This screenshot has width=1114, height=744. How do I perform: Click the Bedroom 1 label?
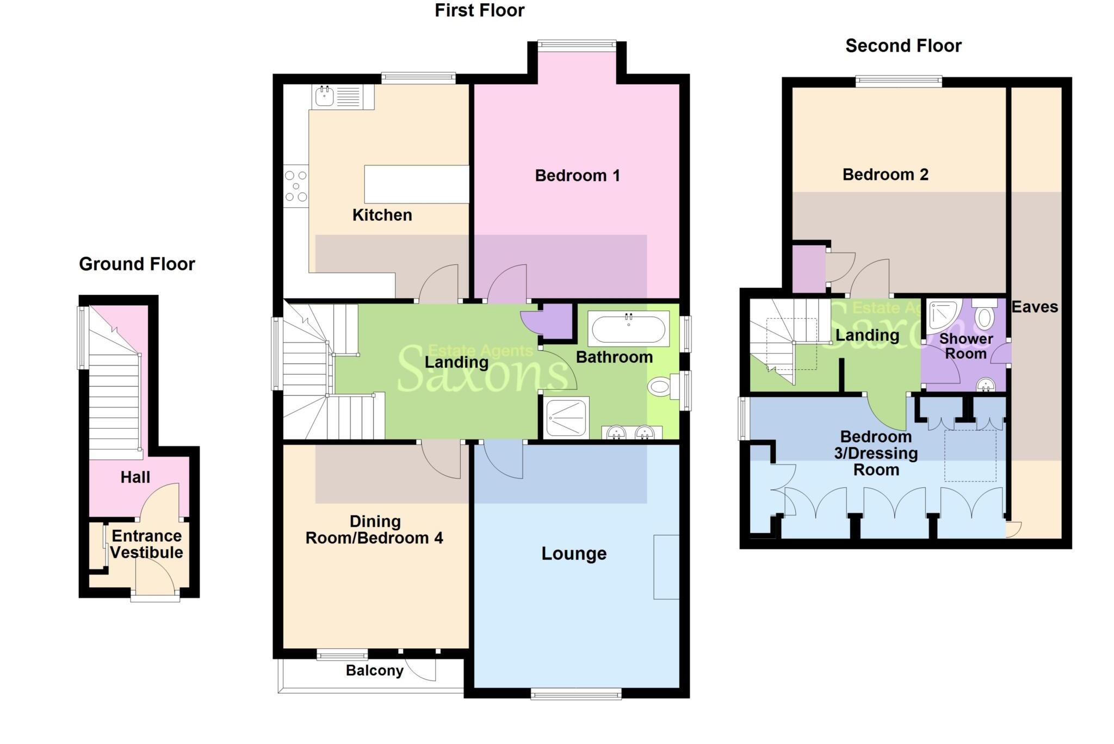[x=577, y=176]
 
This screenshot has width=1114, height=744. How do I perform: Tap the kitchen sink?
[x=325, y=97]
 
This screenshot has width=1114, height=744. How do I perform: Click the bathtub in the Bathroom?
[x=628, y=328]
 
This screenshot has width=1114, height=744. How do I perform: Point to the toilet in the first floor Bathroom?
[x=660, y=387]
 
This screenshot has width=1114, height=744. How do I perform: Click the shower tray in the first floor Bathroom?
[x=566, y=418]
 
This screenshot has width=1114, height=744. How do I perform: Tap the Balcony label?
[x=375, y=671]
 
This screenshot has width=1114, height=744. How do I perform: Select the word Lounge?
[x=574, y=554]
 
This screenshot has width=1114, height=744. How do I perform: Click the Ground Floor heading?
[x=137, y=264]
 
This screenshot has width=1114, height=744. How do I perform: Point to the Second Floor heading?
[x=903, y=46]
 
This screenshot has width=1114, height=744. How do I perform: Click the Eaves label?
[x=1035, y=307]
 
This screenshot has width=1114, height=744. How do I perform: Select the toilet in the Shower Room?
[x=983, y=315]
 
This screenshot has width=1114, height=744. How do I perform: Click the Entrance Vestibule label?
[x=147, y=544]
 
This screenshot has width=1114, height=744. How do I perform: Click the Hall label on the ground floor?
[x=135, y=478]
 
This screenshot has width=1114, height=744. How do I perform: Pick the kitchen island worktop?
[x=416, y=184]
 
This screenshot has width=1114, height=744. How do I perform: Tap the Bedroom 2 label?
[x=885, y=175]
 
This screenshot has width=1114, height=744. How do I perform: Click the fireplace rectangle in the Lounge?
[x=666, y=567]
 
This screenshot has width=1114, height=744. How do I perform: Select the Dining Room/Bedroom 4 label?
[x=374, y=530]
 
